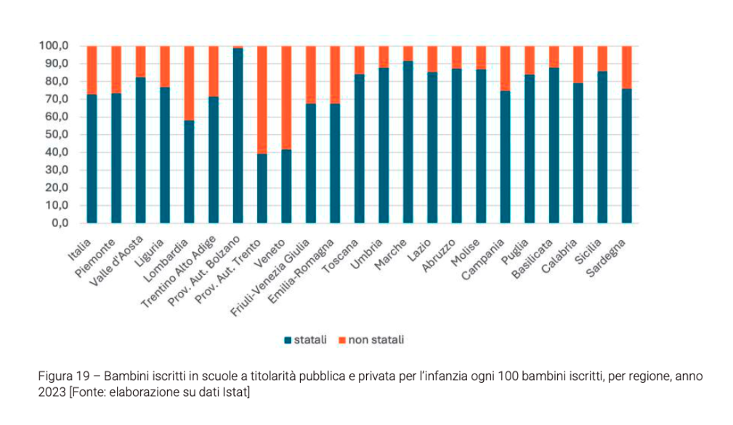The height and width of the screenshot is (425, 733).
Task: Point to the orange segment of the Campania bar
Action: point(505,68)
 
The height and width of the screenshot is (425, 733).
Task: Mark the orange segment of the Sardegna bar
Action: point(626,67)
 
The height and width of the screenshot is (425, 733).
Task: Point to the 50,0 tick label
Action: point(57,135)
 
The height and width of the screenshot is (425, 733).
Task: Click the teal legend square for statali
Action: point(287,339)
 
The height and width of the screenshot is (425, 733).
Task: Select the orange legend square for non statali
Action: point(342,339)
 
